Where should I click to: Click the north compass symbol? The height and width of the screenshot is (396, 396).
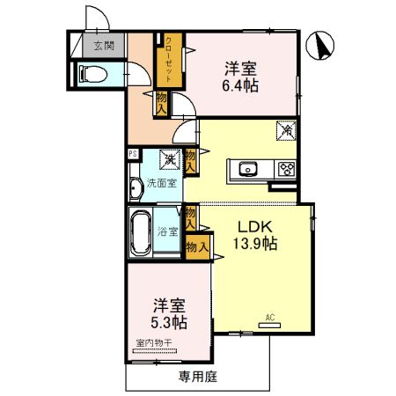pos(320,46)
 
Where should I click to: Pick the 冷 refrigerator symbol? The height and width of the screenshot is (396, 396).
pos(287,130)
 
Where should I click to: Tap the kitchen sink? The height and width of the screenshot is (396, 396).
pos(244,169)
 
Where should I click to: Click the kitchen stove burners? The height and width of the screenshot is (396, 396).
pos(287,169)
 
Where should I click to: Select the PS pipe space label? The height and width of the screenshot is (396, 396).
pos(133,154)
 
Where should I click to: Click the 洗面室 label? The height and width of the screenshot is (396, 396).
pos(161,184)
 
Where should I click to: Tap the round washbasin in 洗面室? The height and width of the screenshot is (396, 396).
pos(136,187)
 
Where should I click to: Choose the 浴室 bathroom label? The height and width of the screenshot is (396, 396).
pos(167,232)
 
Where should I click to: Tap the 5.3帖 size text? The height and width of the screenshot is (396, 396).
pos(170,322)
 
